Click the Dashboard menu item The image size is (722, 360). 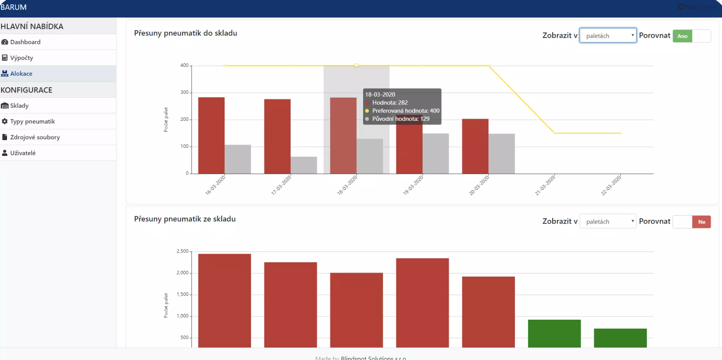25,42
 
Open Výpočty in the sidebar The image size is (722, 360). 21,58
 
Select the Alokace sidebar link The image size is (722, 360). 21,74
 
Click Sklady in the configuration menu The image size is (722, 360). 19,106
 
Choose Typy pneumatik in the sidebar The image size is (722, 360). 32,122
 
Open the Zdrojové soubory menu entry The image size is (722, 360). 35,137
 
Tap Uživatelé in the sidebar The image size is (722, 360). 23,153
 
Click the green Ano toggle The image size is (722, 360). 683,36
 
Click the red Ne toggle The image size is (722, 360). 701,222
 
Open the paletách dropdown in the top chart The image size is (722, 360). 608,36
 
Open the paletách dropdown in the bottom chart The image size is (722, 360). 608,222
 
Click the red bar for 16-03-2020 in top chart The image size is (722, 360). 211,136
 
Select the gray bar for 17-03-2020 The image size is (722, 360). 303,165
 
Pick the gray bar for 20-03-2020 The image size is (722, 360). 502,154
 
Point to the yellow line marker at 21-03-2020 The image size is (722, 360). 554,133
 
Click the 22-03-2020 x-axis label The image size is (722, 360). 611,185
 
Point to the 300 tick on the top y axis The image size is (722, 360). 184,92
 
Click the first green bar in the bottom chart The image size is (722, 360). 554,333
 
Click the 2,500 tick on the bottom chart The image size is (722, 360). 183,251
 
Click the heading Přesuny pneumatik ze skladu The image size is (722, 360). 185,219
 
